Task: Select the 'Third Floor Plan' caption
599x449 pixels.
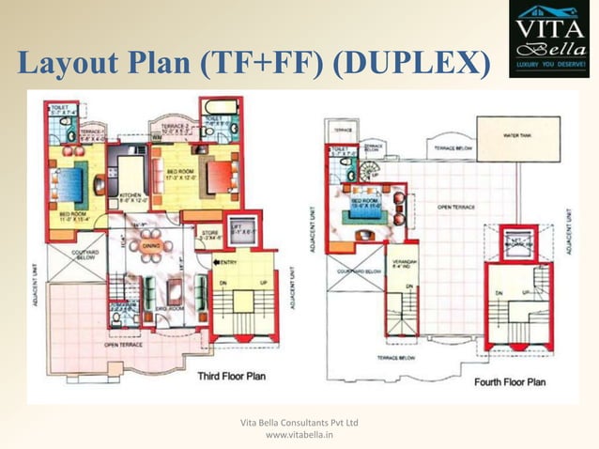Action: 231,376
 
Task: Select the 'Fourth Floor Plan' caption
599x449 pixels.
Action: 511,381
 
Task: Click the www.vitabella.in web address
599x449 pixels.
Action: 299,435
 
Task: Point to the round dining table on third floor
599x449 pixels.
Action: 151,247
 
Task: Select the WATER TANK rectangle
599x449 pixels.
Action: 518,138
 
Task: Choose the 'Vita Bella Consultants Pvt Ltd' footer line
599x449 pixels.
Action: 299,424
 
